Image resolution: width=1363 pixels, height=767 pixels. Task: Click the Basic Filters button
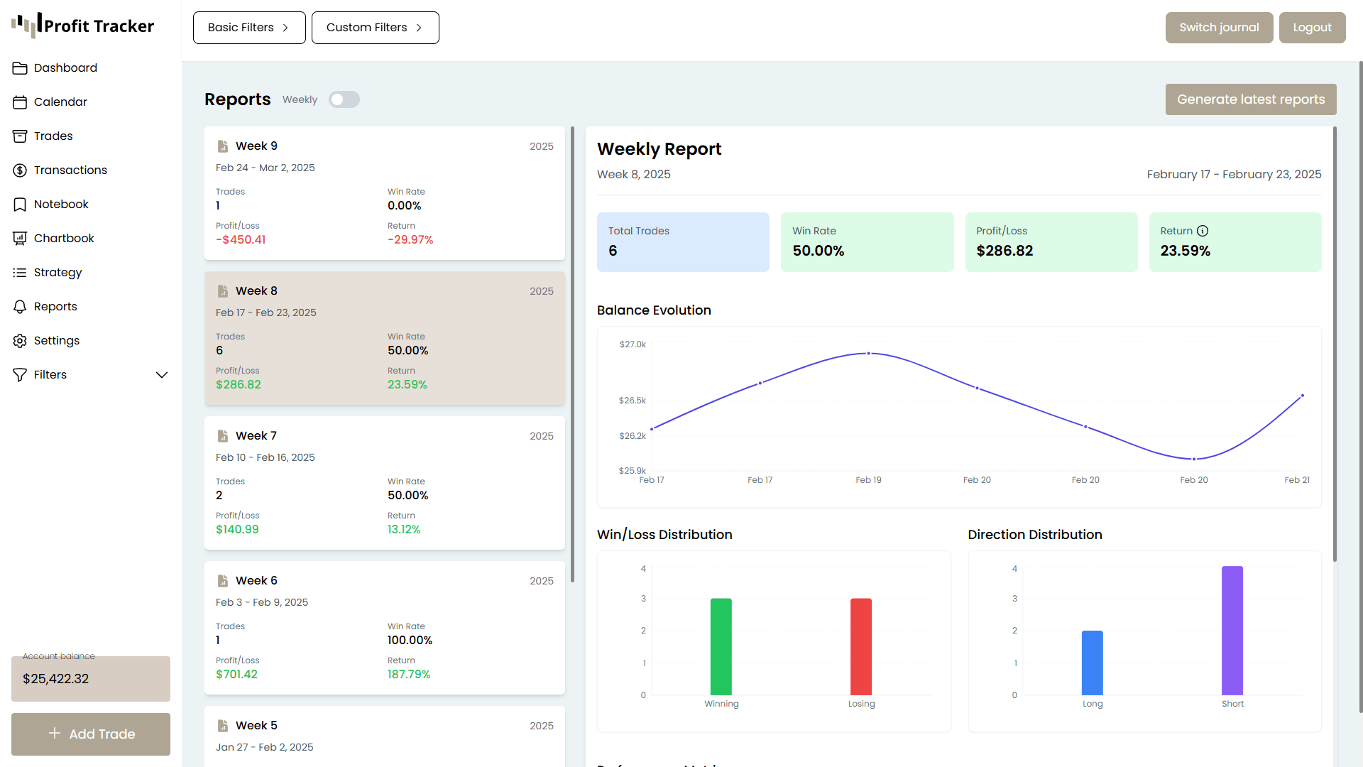(x=248, y=28)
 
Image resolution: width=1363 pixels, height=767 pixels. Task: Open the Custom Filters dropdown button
(x=375, y=28)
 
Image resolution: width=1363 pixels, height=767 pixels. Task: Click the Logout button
(x=1312, y=28)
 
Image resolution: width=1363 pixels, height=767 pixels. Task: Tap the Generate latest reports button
(x=1250, y=99)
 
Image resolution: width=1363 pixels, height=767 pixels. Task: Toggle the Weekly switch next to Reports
(x=344, y=99)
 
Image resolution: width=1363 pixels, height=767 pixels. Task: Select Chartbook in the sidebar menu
(x=64, y=238)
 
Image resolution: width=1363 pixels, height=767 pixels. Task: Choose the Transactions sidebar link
(x=70, y=170)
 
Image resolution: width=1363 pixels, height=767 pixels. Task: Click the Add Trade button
(x=91, y=734)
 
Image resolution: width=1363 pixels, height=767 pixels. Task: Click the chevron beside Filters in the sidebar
(x=162, y=375)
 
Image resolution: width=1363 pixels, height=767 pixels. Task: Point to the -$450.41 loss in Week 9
(x=241, y=240)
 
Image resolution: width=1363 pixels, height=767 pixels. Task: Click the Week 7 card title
(x=256, y=435)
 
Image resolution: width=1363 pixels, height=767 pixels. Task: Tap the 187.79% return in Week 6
(x=409, y=675)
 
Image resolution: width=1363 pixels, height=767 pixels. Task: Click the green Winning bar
(x=721, y=646)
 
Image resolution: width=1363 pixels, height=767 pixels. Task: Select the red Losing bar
(x=860, y=646)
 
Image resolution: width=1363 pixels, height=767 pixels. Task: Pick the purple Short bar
(x=1232, y=631)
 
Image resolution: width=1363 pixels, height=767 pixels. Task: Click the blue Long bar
(x=1092, y=663)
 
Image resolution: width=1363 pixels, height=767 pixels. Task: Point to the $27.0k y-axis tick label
(x=633, y=344)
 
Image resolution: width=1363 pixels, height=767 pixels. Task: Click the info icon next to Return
(x=1203, y=231)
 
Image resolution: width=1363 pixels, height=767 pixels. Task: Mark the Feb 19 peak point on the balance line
(x=868, y=353)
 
